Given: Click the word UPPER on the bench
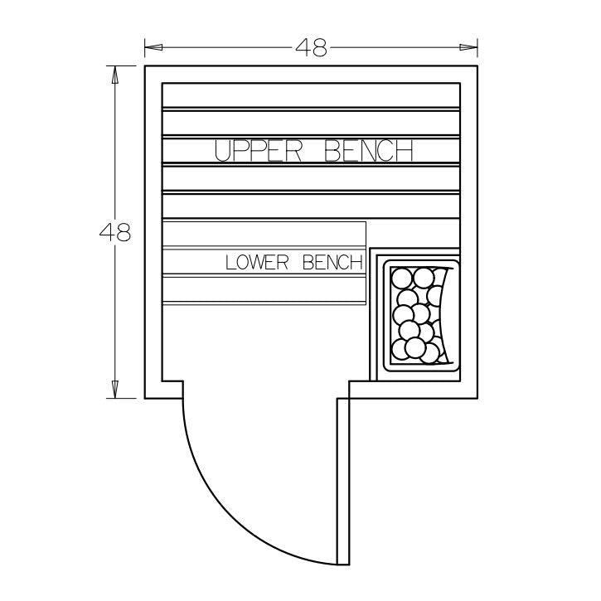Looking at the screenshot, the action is click(x=258, y=151).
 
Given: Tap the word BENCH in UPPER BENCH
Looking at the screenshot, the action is click(x=369, y=151).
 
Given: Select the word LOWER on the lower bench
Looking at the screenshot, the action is click(x=257, y=263).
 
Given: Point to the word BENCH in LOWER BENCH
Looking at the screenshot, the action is click(x=332, y=263).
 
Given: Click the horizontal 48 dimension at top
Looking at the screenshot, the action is click(x=311, y=48).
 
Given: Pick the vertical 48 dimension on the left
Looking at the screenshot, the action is click(x=115, y=232).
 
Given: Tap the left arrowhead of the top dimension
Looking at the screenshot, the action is click(x=153, y=47).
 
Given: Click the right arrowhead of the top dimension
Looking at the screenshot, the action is click(x=468, y=47).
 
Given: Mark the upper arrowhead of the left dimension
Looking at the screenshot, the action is click(x=114, y=75).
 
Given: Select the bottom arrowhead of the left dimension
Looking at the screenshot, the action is click(x=114, y=389).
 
